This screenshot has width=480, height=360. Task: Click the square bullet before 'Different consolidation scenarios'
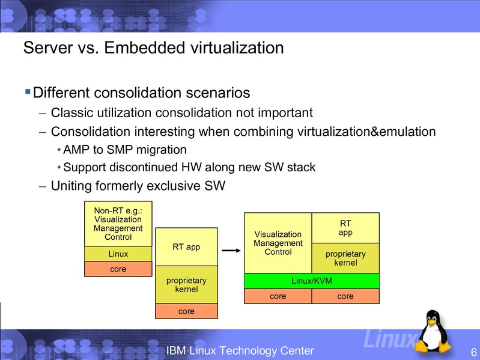pos(27,92)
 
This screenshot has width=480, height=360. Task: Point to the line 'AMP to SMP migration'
pos(125,149)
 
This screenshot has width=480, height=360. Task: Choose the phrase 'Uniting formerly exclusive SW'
pos(138,186)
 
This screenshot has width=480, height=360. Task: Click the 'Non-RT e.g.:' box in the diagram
pos(118,223)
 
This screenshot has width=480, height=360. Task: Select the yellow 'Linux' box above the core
pos(118,254)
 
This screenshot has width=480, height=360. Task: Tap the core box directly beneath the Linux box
pos(118,269)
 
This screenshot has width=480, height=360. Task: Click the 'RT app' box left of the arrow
pos(186,246)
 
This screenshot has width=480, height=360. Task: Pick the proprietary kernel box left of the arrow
pos(186,285)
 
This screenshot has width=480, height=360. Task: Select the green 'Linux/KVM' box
pos(311,281)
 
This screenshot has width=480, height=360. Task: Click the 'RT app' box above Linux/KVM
pos(345,228)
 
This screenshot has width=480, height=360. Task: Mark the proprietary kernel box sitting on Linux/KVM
pos(345,258)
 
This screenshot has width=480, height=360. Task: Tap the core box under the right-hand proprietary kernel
pos(345,296)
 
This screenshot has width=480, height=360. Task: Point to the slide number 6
pos(474,352)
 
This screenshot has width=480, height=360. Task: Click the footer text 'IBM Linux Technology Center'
pos(240,350)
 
